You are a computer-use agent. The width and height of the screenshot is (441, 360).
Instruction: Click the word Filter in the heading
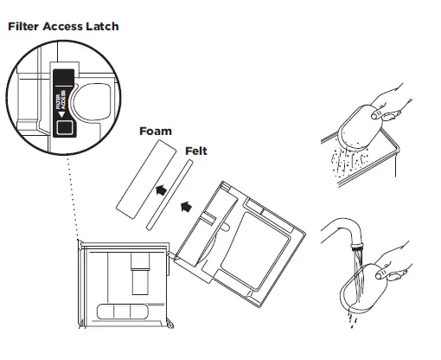(x=23, y=27)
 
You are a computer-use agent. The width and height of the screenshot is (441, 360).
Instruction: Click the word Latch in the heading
(x=101, y=27)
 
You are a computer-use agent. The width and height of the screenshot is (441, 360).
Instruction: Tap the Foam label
(x=156, y=132)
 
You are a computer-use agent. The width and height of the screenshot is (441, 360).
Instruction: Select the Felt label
(x=196, y=151)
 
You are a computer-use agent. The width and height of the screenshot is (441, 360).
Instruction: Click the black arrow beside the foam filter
(x=158, y=190)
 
